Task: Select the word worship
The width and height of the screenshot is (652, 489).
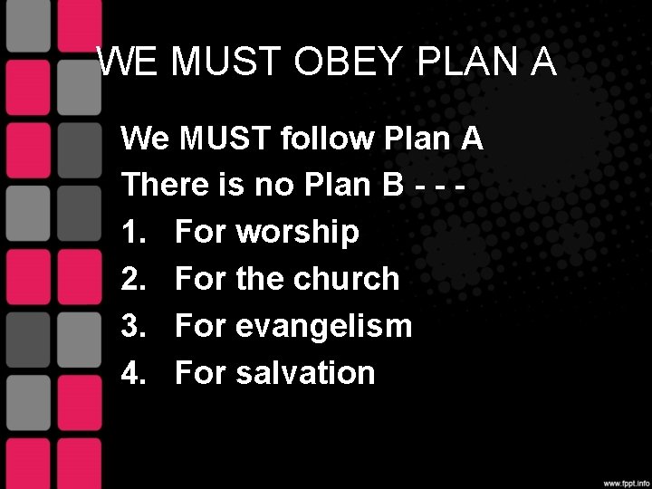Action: point(298,233)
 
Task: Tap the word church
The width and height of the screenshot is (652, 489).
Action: point(348,279)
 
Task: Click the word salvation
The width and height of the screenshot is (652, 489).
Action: point(305,372)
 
